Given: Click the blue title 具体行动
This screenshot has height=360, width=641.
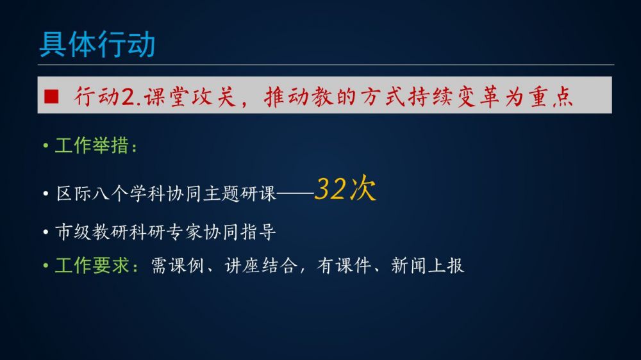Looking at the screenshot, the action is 97,44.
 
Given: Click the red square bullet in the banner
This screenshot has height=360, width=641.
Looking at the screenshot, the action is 51,97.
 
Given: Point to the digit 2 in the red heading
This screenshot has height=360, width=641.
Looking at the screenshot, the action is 128,97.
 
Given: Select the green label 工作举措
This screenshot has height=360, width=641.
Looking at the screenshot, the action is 92,145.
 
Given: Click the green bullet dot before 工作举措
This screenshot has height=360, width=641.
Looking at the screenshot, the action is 46,145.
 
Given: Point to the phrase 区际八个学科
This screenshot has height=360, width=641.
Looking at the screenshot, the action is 111,193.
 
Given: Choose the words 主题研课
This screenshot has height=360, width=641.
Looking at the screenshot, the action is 240,193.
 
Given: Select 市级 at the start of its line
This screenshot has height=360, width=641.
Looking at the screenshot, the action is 73,232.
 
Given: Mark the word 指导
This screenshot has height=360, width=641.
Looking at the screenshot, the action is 258,232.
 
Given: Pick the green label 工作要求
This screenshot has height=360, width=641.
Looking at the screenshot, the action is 92,266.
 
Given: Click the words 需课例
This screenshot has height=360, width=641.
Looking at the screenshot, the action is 178,266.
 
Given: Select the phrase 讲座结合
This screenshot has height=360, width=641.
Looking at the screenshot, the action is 261,266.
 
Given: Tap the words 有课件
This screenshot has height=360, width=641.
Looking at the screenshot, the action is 344,266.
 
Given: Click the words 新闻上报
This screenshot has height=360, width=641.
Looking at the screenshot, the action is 428,266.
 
